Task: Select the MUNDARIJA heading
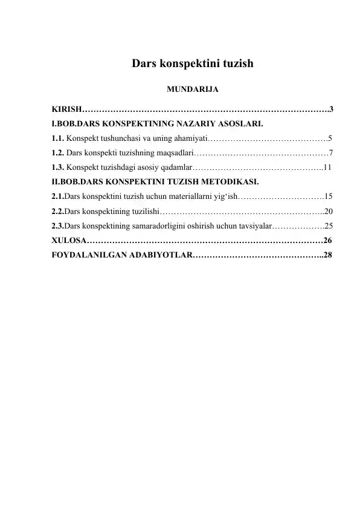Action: click(x=192, y=90)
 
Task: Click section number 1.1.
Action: click(x=59, y=138)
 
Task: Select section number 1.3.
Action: click(x=59, y=166)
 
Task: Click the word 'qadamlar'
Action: click(x=175, y=166)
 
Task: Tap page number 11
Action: click(x=327, y=166)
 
